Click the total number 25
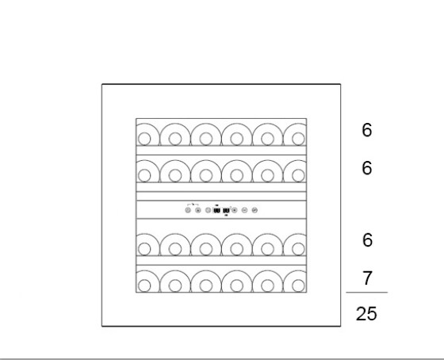366,314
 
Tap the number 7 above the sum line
367,278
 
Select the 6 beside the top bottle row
367,130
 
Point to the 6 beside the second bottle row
367,167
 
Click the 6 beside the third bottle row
367,240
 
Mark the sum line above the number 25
366,292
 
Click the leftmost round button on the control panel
188,210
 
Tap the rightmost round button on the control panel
255,210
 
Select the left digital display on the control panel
216,210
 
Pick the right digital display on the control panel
226,210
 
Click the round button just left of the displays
208,210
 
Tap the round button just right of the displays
234,210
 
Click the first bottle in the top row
144,139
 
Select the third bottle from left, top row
206,139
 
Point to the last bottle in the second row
298,175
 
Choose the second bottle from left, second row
175,175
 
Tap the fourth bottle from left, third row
237,249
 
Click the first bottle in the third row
144,249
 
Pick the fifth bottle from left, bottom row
268,285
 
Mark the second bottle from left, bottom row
175,285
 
